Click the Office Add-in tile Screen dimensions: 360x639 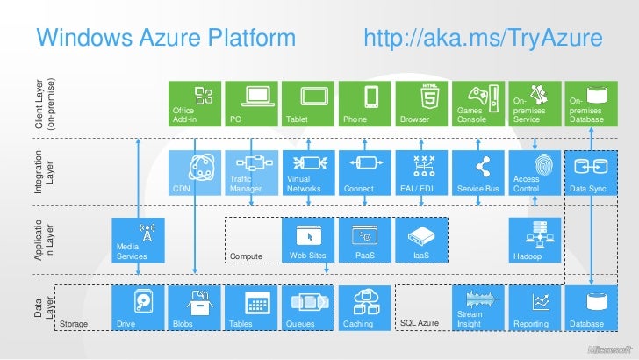[194, 103]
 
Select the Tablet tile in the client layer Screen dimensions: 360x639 [308, 103]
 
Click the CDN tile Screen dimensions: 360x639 [194, 172]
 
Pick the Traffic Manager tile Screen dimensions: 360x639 [251, 172]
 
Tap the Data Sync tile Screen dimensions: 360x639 [591, 172]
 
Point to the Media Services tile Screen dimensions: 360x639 [137, 241]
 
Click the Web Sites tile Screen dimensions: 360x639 [308, 241]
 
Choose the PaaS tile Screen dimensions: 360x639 [365, 241]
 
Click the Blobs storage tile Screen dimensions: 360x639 [194, 309]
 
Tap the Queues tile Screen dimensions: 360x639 [308, 309]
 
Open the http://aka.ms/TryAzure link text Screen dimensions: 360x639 [482, 38]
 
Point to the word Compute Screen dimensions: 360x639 [247, 256]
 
